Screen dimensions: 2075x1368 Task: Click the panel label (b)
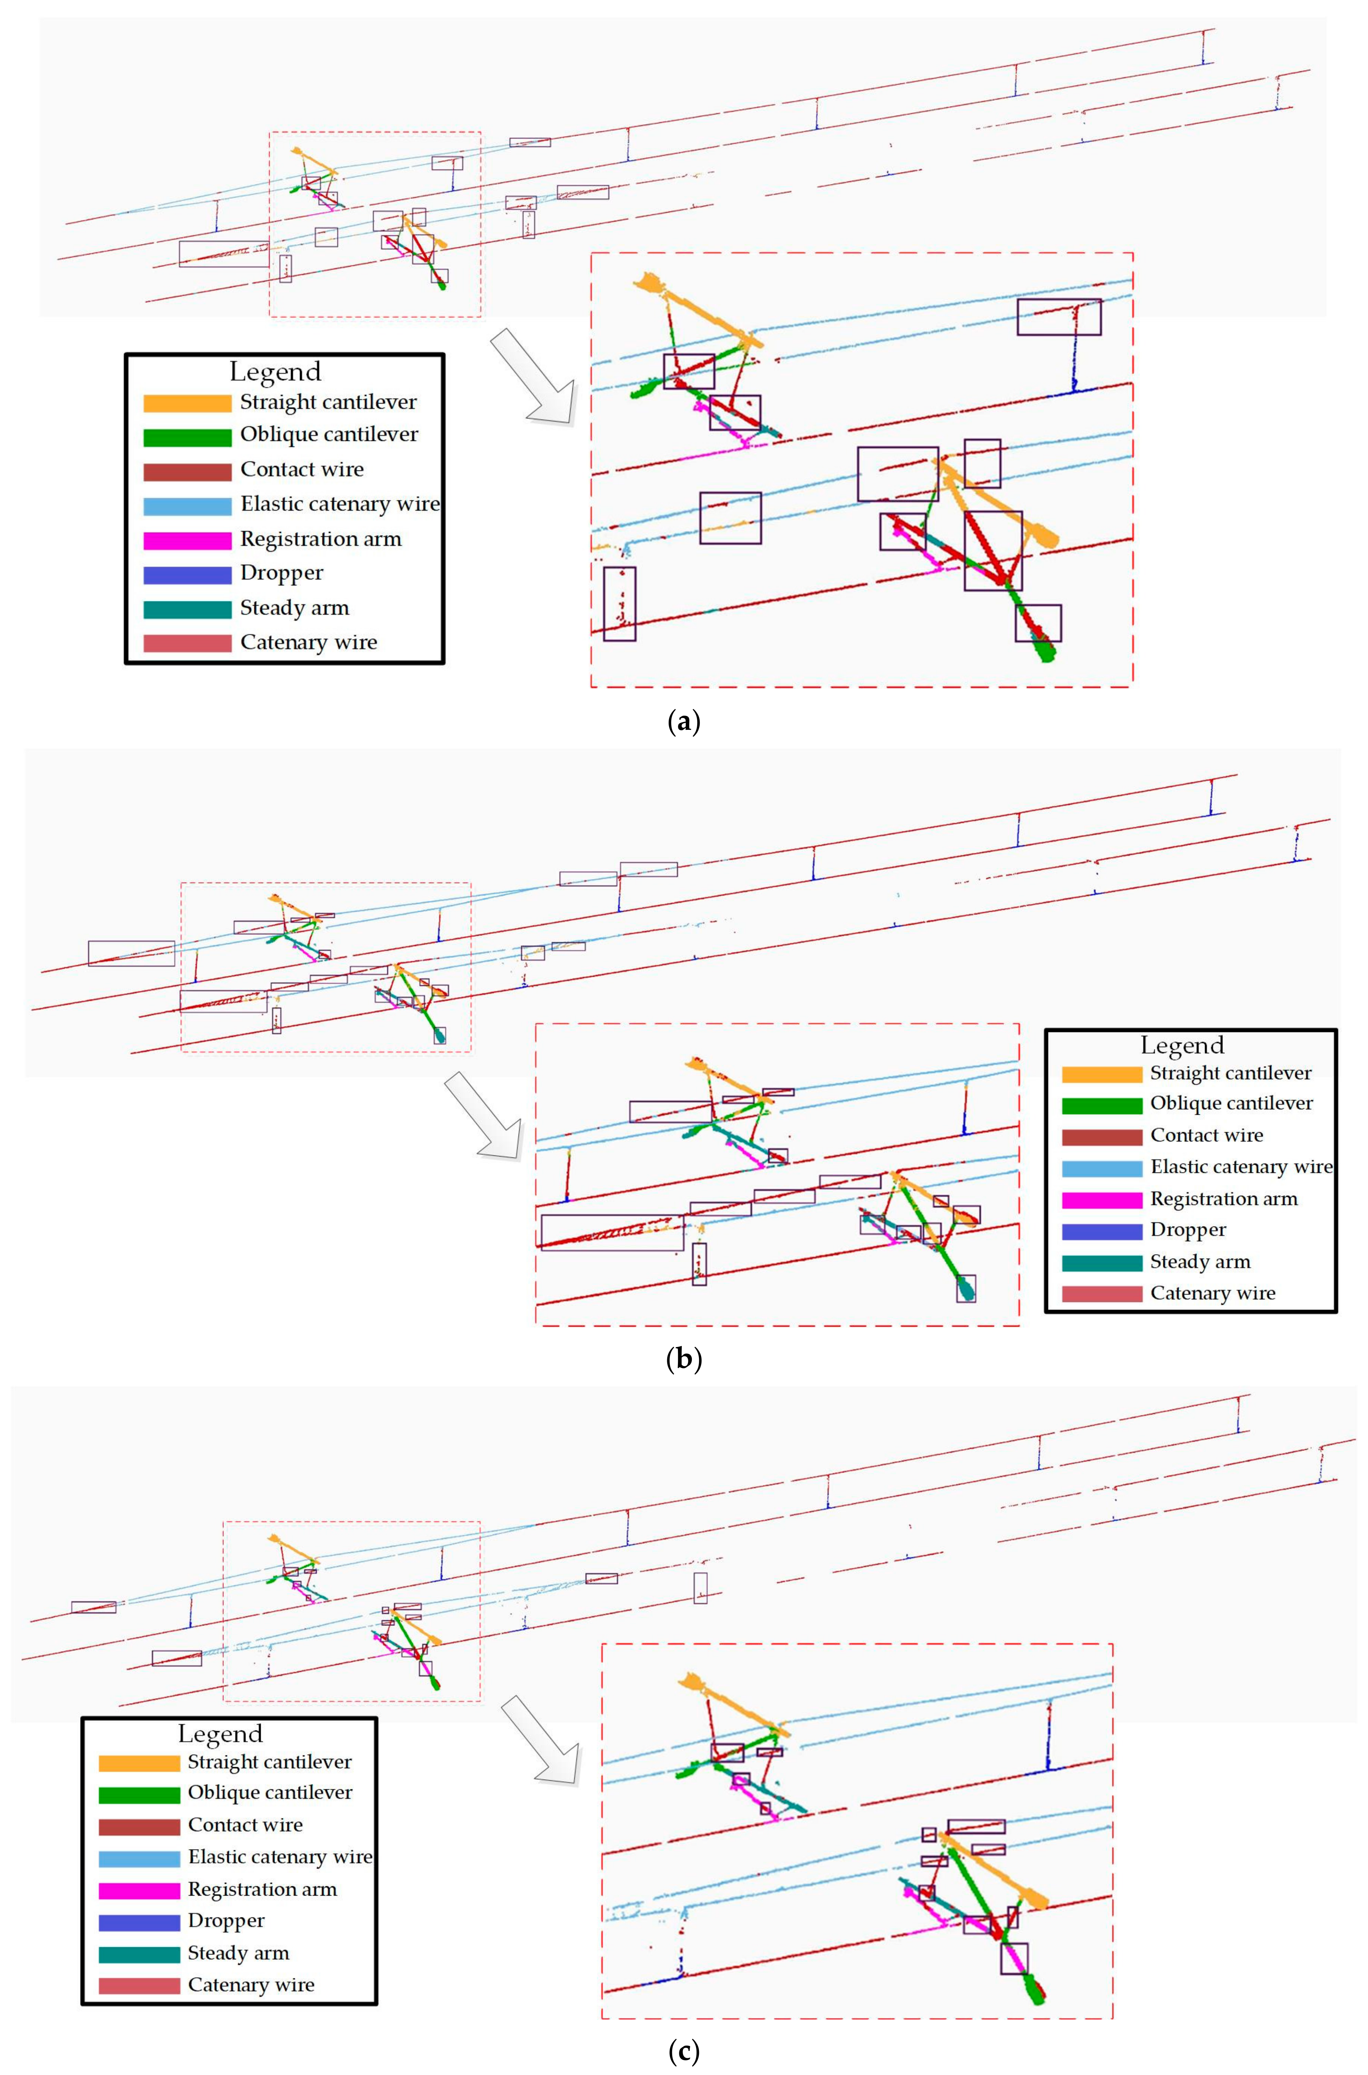pyautogui.click(x=683, y=1359)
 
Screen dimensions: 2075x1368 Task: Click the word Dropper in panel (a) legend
pyautogui.click(x=282, y=573)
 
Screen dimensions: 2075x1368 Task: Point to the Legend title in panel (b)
pyautogui.click(x=1182, y=1046)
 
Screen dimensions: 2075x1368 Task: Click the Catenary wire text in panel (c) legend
pyautogui.click(x=251, y=1984)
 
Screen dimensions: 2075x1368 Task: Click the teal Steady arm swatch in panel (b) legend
pyautogui.click(x=1101, y=1263)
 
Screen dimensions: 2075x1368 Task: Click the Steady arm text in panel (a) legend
pyautogui.click(x=294, y=608)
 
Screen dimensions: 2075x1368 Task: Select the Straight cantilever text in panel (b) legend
pyautogui.click(x=1230, y=1073)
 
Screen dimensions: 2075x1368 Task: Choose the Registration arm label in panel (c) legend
pyautogui.click(x=262, y=1889)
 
